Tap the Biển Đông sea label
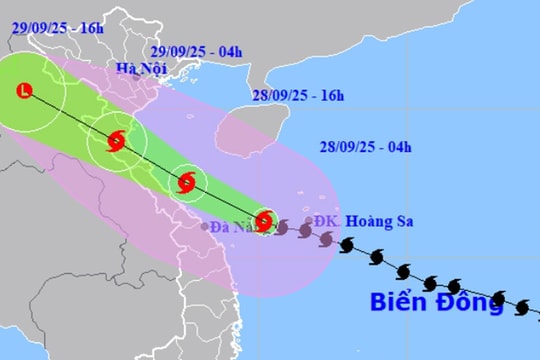pyautogui.click(x=436, y=303)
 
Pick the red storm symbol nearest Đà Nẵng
pyautogui.click(x=263, y=221)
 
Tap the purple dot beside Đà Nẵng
pyautogui.click(x=204, y=226)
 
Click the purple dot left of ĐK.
pyautogui.click(x=308, y=222)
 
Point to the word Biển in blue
pyautogui.click(x=399, y=303)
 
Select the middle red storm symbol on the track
pyautogui.click(x=186, y=181)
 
